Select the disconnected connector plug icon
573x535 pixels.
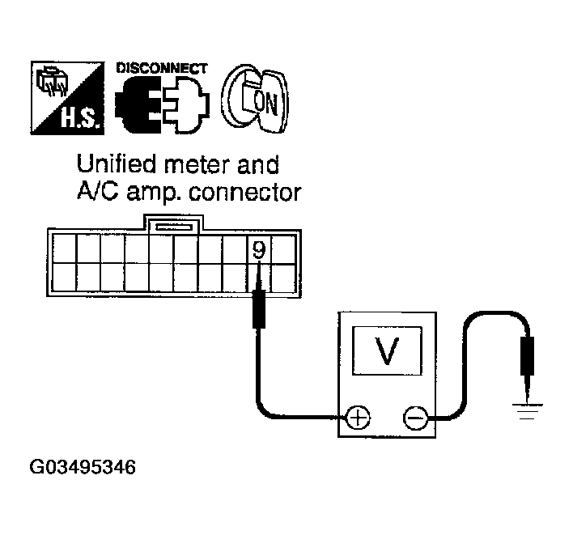tap(162, 106)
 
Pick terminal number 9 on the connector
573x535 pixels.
tap(258, 250)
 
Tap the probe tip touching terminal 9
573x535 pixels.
tap(258, 279)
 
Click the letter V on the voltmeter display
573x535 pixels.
tap(388, 350)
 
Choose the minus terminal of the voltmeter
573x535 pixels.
tap(414, 418)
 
